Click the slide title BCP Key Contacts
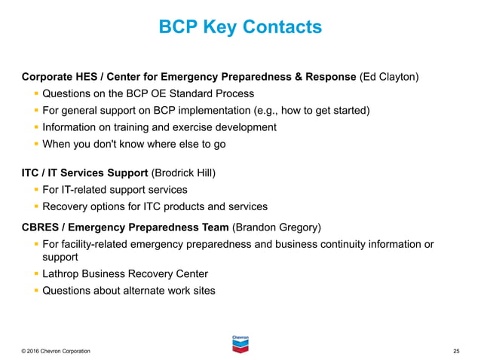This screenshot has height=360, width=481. [x=240, y=28]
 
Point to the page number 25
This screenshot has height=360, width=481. [x=456, y=352]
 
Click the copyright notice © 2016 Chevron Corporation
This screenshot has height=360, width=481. [x=57, y=352]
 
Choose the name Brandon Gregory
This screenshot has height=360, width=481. [x=277, y=226]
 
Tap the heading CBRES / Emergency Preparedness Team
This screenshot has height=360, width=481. [x=125, y=226]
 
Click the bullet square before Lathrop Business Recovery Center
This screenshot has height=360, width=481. [x=36, y=273]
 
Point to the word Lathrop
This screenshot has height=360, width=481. [x=62, y=273]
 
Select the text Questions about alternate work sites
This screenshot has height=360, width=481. [x=129, y=291]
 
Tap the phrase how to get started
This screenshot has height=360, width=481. [x=325, y=111]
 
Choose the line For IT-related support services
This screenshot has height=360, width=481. [x=115, y=190]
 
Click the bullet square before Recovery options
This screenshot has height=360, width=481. [x=36, y=206]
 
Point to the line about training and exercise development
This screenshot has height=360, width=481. [x=159, y=127]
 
